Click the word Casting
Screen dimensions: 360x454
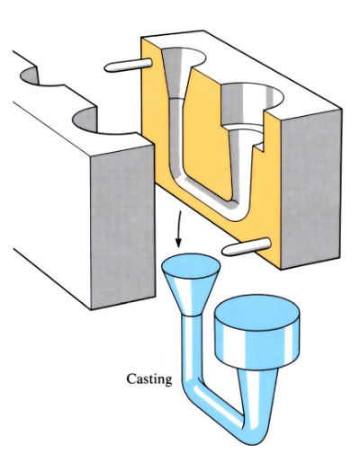tap(149, 379)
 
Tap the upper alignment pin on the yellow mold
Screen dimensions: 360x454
tap(129, 66)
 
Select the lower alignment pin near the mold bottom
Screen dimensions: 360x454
tap(247, 246)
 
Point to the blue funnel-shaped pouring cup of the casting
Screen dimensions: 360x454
tap(191, 285)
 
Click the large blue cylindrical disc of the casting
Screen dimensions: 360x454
tap(257, 331)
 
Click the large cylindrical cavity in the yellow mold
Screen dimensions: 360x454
tap(252, 105)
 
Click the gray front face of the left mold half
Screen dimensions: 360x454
tap(122, 227)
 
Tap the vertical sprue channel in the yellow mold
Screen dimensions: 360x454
tap(176, 135)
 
